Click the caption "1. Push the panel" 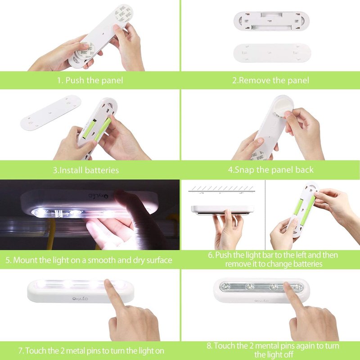tap(90, 81)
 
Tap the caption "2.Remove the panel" tap(270, 81)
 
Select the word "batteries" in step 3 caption tap(102, 170)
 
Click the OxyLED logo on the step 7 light tap(80, 299)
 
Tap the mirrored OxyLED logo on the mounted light tap(98, 196)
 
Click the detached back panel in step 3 tap(51, 113)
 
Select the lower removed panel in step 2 tap(272, 53)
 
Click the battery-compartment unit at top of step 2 tap(271, 21)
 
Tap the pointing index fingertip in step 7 tap(108, 283)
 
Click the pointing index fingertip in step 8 tap(287, 285)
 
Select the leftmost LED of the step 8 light tap(226, 286)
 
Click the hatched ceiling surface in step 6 tap(222, 189)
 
